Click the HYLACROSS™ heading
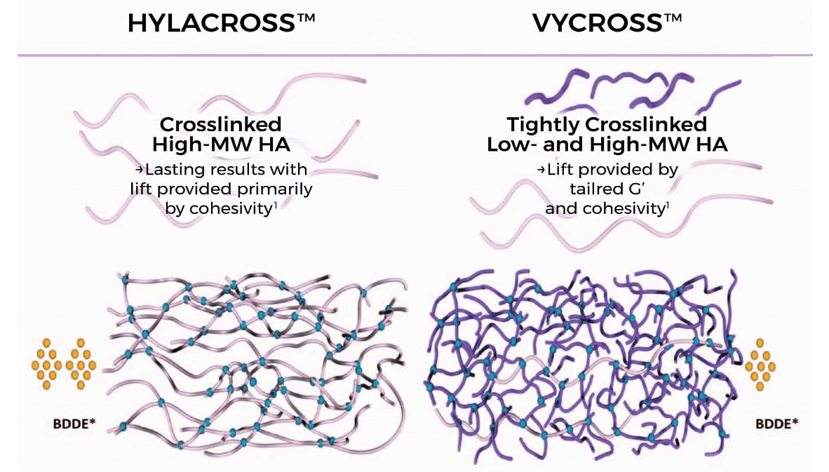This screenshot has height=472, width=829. pos(221,23)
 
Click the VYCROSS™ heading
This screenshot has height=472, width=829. pos(607,23)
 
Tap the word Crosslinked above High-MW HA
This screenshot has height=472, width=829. pos(221,125)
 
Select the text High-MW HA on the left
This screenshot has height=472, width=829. pos(221,145)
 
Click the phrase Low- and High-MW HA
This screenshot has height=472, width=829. pos(607,145)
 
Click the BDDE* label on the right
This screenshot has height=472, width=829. pos(776,424)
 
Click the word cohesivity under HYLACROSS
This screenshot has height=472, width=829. pos(231,208)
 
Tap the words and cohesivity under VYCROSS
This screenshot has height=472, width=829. pos(605,208)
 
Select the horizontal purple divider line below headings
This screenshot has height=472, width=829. pos(414,55)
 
